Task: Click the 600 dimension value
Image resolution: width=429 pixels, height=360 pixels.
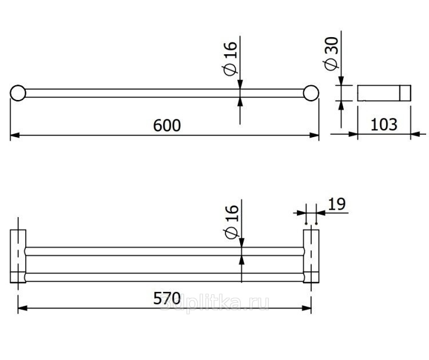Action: pyautogui.click(x=167, y=126)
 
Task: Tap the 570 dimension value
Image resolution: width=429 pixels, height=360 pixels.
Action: pyautogui.click(x=167, y=298)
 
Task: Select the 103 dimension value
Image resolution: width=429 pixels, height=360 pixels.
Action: pyautogui.click(x=384, y=125)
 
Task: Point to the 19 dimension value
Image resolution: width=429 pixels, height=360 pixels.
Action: pyautogui.click(x=337, y=204)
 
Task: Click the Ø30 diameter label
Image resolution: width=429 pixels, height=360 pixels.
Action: pyautogui.click(x=332, y=54)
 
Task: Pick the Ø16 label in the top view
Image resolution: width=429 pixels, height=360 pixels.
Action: pyautogui.click(x=231, y=59)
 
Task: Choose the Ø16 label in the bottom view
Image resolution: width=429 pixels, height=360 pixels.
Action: pyautogui.click(x=232, y=222)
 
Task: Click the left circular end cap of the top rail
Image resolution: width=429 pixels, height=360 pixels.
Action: pyautogui.click(x=18, y=93)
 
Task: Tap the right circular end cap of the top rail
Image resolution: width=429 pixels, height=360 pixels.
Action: pyautogui.click(x=311, y=93)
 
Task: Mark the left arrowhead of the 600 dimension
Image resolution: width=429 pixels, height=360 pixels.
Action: pyautogui.click(x=15, y=135)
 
